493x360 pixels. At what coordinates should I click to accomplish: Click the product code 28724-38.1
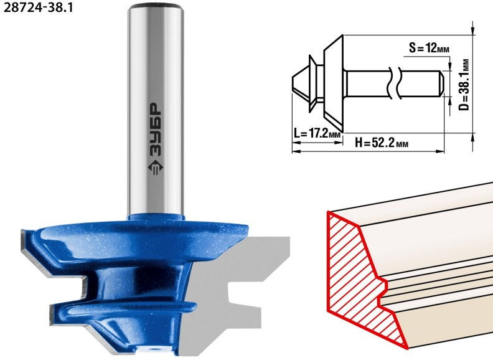38,7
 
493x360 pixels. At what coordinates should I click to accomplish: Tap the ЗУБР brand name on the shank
156,130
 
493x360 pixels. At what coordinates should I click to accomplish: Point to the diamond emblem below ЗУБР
156,168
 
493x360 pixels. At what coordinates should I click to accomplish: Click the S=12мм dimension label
429,48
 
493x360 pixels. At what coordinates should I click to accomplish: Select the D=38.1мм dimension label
464,85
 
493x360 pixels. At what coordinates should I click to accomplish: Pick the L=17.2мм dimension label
317,133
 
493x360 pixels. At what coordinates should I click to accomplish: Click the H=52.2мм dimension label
382,143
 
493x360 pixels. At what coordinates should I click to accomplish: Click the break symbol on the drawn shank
395,83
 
